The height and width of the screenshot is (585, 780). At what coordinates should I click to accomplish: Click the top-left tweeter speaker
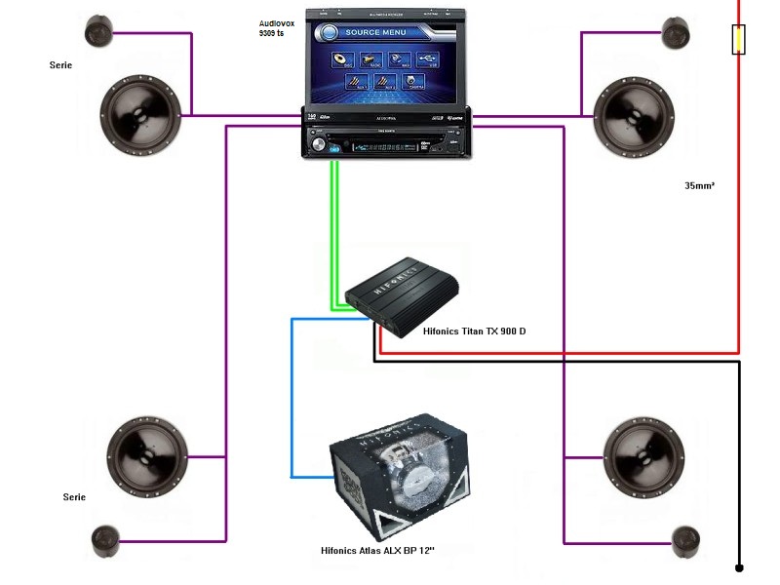coord(99,32)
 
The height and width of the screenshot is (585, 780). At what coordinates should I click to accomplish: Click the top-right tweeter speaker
coord(676,32)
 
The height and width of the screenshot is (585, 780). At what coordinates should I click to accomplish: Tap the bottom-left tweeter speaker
coord(105,541)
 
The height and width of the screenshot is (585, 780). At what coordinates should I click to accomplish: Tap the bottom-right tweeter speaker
coord(686,541)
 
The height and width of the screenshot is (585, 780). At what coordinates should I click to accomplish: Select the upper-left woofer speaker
coord(143,114)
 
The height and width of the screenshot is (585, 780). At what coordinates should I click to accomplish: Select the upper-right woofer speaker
coord(634,114)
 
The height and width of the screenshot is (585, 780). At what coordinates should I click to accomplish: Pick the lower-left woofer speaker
coord(146,456)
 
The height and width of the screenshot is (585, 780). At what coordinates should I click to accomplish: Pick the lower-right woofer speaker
coord(642,456)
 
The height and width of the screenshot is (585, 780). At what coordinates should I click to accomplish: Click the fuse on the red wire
coord(739,40)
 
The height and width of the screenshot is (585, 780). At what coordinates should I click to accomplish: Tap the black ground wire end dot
coord(739,566)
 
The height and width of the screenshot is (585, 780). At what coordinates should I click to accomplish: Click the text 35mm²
coord(700,184)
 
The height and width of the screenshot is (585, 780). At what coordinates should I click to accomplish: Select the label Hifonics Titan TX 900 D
coord(474,331)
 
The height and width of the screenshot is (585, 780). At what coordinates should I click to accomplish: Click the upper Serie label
coord(60,66)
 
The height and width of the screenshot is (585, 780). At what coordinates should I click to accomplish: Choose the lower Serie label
coord(74,497)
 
